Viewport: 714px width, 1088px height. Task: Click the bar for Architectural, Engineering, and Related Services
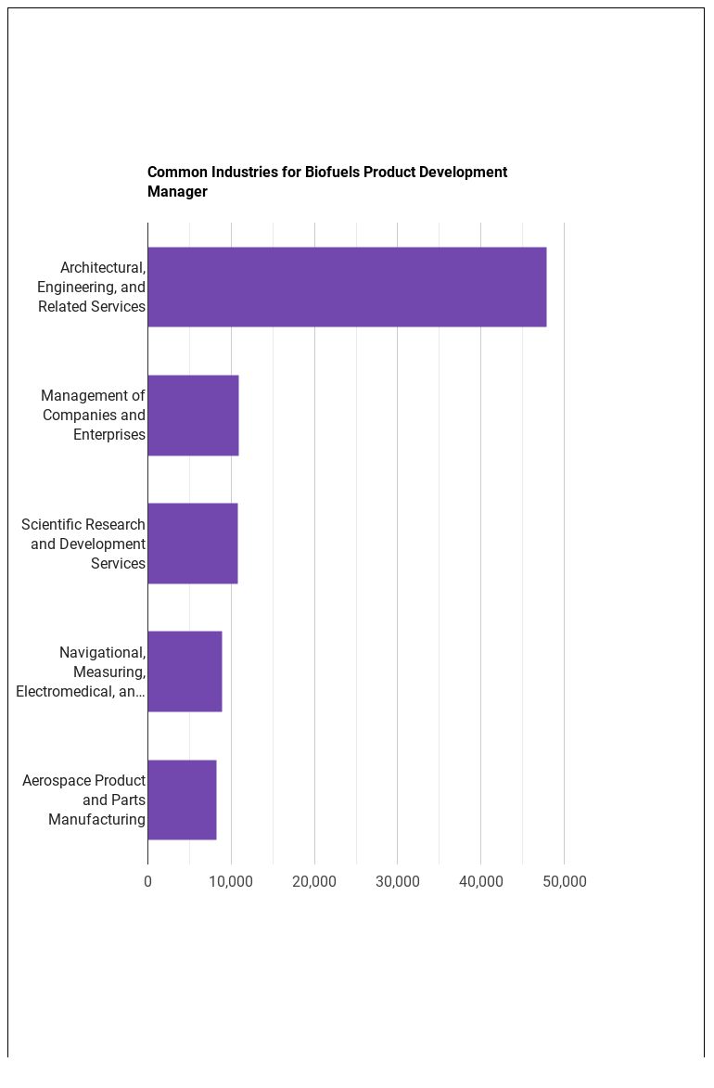coord(347,287)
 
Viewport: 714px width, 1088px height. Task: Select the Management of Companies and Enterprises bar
coord(193,416)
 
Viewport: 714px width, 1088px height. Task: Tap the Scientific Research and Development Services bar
coord(193,544)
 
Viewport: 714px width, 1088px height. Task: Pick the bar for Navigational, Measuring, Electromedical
coord(185,672)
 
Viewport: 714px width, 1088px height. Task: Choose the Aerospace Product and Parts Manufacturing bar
coord(182,800)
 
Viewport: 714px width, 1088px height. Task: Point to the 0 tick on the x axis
coord(147,882)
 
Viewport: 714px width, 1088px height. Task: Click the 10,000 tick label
coord(231,882)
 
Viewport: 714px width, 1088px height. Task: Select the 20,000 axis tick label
coord(314,882)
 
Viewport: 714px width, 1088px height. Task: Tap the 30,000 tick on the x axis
coord(398,882)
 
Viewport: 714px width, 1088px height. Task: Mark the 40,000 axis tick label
coord(481,882)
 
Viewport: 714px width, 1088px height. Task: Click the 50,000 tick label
coord(565,882)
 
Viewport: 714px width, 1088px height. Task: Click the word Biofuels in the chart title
coord(332,173)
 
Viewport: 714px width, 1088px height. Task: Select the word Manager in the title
coord(178,192)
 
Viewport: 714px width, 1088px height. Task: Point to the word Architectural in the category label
coord(103,268)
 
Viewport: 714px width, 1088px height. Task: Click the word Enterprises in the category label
coord(109,435)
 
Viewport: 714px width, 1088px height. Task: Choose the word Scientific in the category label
coord(52,525)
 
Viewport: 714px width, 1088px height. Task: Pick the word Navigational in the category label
coord(103,653)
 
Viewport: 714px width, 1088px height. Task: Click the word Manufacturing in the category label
coord(97,820)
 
